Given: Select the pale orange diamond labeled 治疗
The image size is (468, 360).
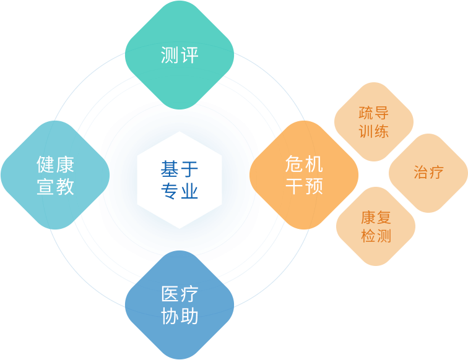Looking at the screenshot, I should (x=428, y=172).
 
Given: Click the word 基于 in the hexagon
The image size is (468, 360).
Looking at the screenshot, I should (x=180, y=168).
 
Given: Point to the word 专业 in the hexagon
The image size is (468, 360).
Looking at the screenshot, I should (x=180, y=191).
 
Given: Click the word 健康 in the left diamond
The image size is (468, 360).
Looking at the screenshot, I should (x=56, y=165).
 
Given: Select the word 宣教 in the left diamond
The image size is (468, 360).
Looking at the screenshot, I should (x=56, y=186).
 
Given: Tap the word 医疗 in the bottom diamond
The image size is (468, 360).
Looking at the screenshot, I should (x=180, y=294).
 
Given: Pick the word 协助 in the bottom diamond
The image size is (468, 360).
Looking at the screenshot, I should (x=180, y=316).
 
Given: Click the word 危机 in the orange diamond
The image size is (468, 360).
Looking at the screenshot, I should (x=304, y=164).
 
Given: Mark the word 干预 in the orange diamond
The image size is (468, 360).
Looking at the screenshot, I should (x=304, y=186).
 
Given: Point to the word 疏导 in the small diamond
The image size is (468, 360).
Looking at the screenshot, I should (x=373, y=113).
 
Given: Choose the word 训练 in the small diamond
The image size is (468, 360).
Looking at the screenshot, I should (x=373, y=131).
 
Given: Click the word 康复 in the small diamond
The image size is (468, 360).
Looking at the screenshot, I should (x=376, y=218).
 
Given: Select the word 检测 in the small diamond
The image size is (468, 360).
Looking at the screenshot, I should (x=376, y=236).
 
